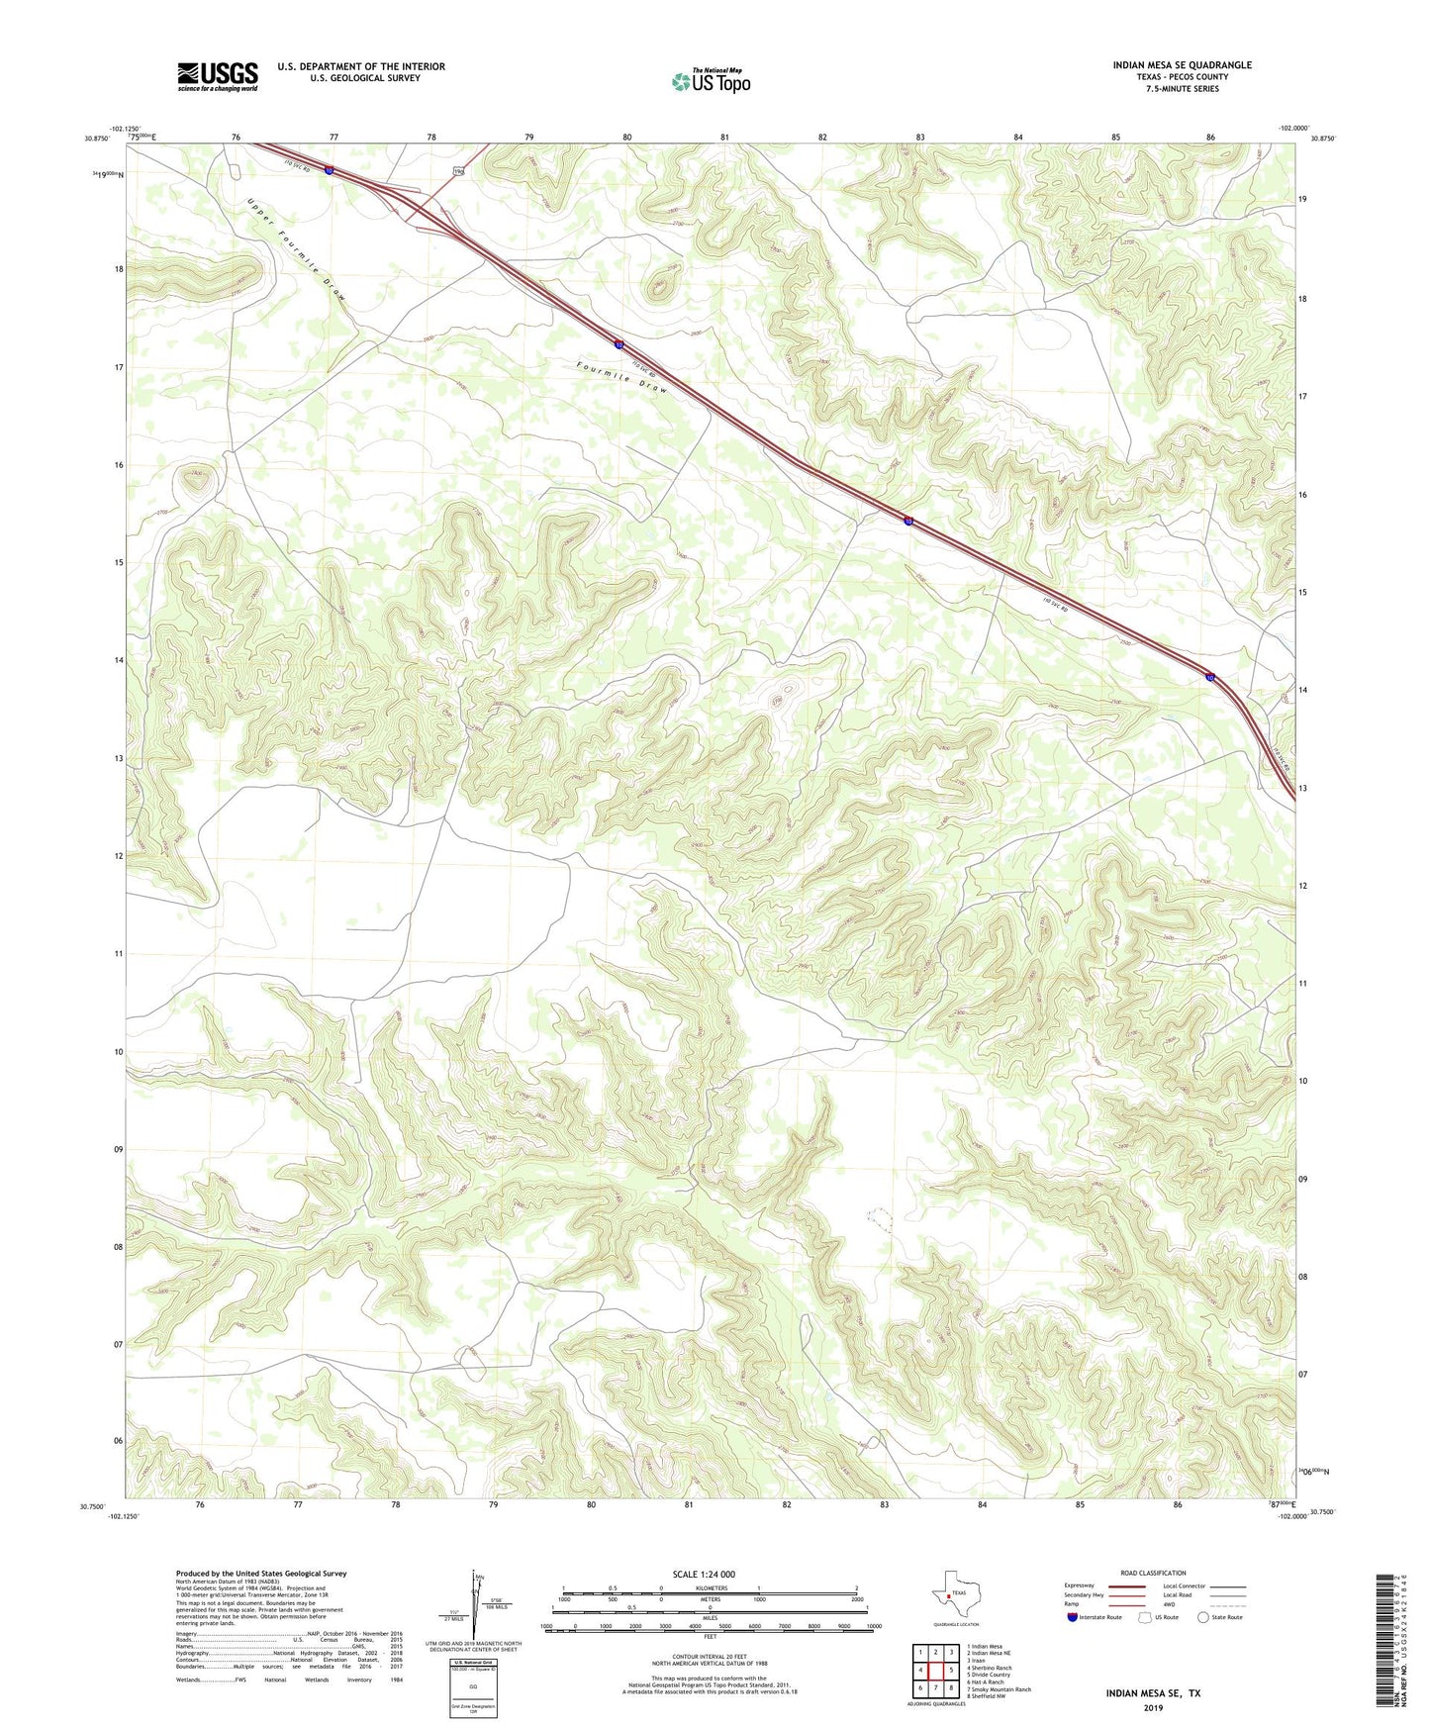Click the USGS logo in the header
pyautogui.click(x=217, y=76)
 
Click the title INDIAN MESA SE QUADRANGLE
pyautogui.click(x=1182, y=65)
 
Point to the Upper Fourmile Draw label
pyautogui.click(x=296, y=249)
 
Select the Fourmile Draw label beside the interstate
pyautogui.click(x=622, y=377)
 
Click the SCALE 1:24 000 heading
pyautogui.click(x=704, y=1574)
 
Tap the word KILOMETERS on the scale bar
pyautogui.click(x=708, y=1587)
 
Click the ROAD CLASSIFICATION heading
pyautogui.click(x=1153, y=1573)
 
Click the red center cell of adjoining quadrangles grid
pyautogui.click(x=935, y=1671)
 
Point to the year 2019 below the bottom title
pyautogui.click(x=1152, y=1707)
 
